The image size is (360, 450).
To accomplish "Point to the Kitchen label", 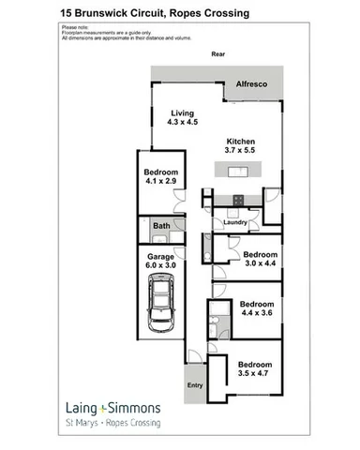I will (x=241, y=140).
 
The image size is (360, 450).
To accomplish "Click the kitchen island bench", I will (x=233, y=172).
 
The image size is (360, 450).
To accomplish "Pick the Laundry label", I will (x=234, y=222).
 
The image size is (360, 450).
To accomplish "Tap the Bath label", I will (x=161, y=226).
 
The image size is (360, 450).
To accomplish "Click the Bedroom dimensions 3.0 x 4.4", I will (x=261, y=264).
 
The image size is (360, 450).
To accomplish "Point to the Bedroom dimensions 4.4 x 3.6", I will (x=257, y=314).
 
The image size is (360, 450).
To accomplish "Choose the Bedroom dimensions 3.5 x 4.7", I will (x=254, y=374).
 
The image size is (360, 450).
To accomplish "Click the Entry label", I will (x=195, y=385).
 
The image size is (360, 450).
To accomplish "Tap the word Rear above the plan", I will (x=217, y=54).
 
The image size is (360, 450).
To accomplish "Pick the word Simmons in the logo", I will (x=137, y=409).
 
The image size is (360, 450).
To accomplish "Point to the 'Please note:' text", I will (x=74, y=28).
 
